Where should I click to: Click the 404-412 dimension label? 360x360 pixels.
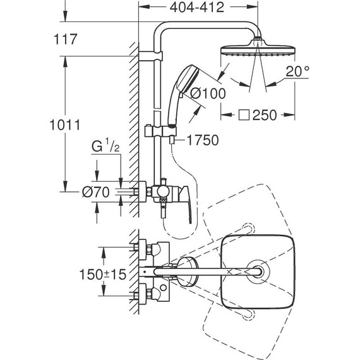coord(197,8)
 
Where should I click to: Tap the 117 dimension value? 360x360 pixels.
coord(65,39)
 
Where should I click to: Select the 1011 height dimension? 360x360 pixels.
coord(65,125)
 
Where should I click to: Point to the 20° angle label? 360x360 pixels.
coord(297,71)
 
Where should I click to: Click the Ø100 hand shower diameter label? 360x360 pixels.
coord(208,93)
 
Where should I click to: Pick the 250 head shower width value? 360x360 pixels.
coord(265,115)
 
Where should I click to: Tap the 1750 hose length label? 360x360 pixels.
coord(203,140)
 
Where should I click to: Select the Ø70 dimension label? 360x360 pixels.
coord(96,192)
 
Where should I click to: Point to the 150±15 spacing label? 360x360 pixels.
coord(102,274)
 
